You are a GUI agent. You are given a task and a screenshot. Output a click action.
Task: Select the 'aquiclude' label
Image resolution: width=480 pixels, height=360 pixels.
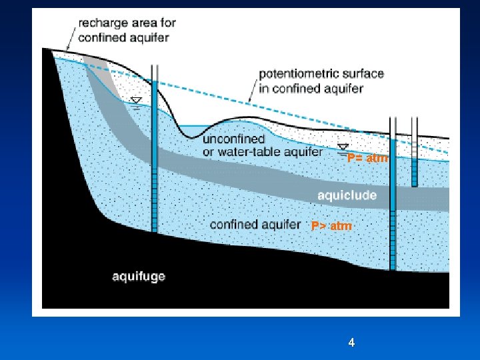point(347,195)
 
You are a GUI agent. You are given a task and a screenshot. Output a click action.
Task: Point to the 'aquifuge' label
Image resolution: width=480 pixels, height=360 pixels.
point(138,276)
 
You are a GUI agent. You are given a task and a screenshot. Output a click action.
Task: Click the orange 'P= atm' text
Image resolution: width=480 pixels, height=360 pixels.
point(367,159)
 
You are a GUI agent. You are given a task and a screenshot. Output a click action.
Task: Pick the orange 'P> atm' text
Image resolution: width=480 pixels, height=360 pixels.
point(331,227)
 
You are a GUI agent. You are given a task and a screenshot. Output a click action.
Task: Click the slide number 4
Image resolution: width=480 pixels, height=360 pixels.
point(351,343)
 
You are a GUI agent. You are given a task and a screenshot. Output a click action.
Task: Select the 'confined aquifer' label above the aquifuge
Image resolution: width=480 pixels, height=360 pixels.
point(255,225)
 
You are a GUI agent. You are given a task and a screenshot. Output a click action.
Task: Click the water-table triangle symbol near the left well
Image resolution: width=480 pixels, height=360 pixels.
point(136,101)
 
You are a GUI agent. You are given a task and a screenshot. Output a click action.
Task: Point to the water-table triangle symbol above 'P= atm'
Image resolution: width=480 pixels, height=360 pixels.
point(343,147)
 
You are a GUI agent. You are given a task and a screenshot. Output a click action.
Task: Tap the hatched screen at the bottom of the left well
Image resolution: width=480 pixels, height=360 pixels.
point(154,200)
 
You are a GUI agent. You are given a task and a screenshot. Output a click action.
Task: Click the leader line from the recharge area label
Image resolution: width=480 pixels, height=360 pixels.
point(71,39)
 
